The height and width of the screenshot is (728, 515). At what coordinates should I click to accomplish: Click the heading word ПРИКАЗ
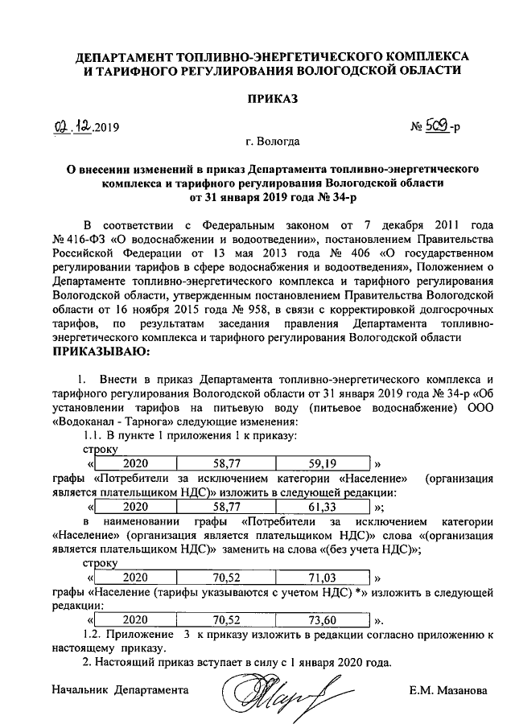[271, 99]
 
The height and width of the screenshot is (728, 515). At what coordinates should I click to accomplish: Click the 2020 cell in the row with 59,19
[135, 463]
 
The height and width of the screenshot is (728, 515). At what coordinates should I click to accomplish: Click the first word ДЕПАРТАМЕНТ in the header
[134, 57]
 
